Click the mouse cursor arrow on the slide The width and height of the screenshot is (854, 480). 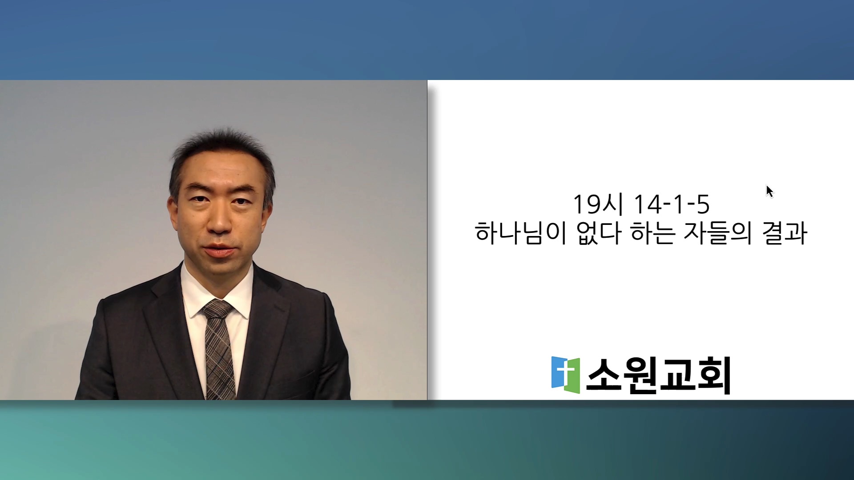click(769, 192)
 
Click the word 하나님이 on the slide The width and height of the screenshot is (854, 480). click(520, 232)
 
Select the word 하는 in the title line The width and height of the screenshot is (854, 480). click(653, 232)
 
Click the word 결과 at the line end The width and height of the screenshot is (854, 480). click(785, 232)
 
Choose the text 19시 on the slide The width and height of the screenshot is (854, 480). click(598, 204)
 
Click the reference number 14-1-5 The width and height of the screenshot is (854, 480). click(672, 204)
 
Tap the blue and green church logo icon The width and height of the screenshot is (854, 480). click(565, 375)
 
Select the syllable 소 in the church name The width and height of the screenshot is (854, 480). click(604, 375)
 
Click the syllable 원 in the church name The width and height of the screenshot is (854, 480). click(640, 376)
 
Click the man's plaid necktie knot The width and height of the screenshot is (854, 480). click(217, 309)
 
